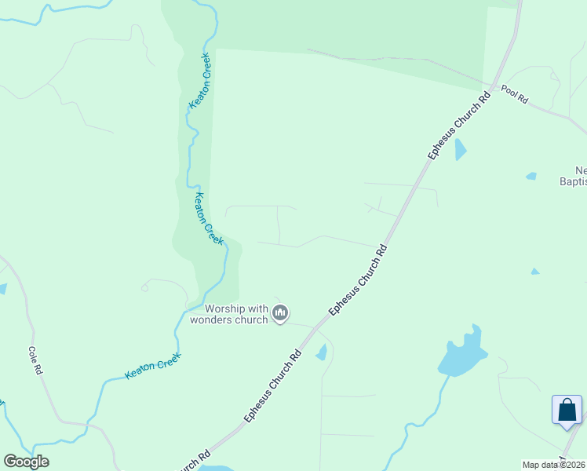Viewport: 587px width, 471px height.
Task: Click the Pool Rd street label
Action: (x=515, y=96)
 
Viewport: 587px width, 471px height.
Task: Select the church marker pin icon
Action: (x=280, y=314)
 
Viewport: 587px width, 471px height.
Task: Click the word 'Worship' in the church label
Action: (x=228, y=309)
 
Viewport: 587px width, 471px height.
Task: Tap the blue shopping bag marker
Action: (x=567, y=411)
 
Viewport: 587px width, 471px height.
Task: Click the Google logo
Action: (x=26, y=462)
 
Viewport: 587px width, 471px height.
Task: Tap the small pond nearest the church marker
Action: (x=321, y=352)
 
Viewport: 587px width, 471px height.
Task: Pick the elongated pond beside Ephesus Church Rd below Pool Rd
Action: (x=460, y=149)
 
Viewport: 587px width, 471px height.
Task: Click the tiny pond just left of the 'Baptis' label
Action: (x=531, y=176)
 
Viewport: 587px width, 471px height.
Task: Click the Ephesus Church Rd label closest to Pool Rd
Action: (x=460, y=126)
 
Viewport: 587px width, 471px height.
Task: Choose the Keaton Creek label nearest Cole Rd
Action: (x=153, y=367)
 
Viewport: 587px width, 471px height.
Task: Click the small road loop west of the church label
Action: (x=144, y=287)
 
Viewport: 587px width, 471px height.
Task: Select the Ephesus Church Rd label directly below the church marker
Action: (x=273, y=385)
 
